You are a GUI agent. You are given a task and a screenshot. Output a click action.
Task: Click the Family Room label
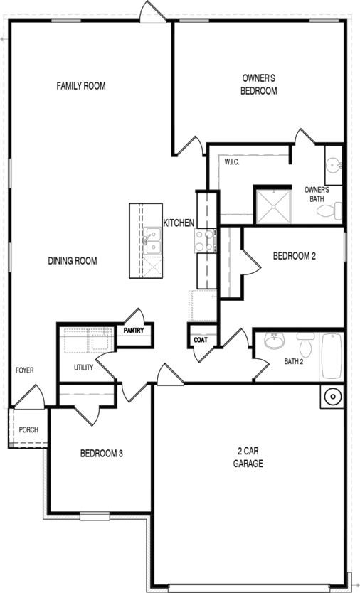pos(81,86)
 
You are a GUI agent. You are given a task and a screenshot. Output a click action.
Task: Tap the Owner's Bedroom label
pos(259,85)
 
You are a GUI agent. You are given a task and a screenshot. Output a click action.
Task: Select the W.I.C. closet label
pos(231,162)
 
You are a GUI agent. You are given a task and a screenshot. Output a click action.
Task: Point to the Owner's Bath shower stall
pos(273,205)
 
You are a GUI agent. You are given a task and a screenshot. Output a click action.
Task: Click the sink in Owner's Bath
pos(333,166)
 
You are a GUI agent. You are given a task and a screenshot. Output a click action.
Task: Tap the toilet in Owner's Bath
pos(337,211)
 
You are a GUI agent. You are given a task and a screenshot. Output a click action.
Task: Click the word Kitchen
pos(179,223)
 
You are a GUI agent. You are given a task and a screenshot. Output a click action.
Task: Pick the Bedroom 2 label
pos(294,256)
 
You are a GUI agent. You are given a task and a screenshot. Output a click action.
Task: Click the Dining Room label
pos(73,261)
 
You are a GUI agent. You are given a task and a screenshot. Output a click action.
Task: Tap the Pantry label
pos(134,331)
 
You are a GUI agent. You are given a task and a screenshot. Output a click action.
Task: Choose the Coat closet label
pos(201,341)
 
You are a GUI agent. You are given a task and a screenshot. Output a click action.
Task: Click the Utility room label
pos(83,368)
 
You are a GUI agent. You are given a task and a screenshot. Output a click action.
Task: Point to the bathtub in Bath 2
pos(332,356)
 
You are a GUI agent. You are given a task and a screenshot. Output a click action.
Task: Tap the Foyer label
pos(25,370)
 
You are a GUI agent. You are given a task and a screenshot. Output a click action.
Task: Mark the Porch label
pos(28,430)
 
